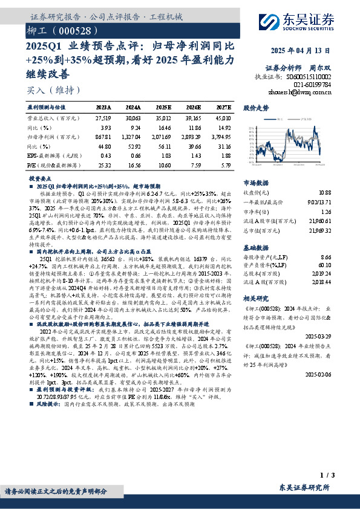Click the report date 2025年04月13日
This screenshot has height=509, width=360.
[x=301, y=51]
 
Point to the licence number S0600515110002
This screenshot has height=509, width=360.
[x=316, y=77]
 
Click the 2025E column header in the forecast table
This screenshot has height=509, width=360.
[x=163, y=106]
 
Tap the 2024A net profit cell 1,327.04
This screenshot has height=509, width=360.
[x=134, y=137]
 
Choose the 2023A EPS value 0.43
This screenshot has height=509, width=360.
[x=103, y=155]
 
